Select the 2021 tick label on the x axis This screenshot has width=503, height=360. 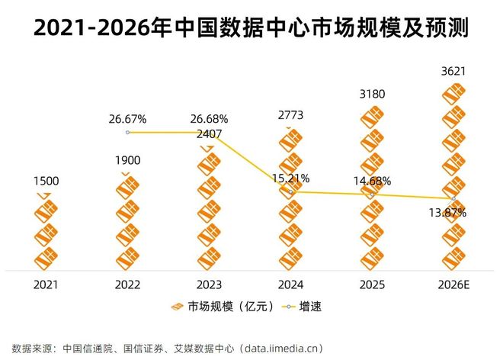(46, 284)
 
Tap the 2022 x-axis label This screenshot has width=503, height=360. (127, 284)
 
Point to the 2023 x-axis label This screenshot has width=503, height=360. (209, 284)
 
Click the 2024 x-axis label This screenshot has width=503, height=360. (290, 284)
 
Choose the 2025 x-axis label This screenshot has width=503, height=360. (372, 284)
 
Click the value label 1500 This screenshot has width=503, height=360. (46, 181)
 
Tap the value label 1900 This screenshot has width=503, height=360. (127, 161)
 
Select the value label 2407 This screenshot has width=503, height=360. (209, 134)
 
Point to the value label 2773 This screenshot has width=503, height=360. (290, 115)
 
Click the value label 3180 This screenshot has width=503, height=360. (372, 95)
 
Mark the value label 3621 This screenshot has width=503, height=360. (453, 72)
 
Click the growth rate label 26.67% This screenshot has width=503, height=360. (127, 120)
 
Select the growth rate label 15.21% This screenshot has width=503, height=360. (290, 178)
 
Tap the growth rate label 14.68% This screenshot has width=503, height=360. (372, 181)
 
